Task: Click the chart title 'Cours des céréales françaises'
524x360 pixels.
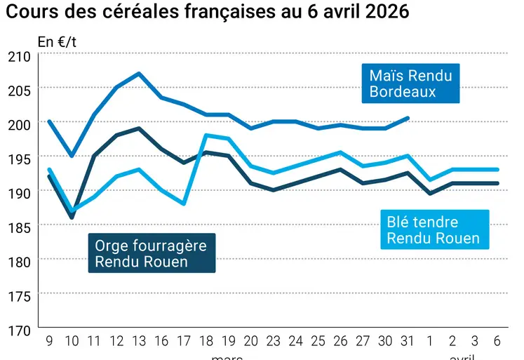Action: tap(208, 13)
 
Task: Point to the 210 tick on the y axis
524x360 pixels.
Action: tap(18, 56)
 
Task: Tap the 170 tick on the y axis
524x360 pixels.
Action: tap(18, 329)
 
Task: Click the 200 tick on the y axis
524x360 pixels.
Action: tap(18, 124)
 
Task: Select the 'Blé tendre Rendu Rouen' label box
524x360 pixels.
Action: tap(433, 230)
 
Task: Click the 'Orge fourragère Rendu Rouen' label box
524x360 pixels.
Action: tap(151, 253)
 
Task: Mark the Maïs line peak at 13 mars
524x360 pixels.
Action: tap(139, 73)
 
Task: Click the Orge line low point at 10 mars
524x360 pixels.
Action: tap(72, 218)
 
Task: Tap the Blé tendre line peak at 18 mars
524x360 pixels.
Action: tap(206, 135)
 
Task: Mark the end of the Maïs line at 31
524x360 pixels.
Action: tap(408, 118)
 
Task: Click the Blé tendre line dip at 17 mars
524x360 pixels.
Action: tap(184, 204)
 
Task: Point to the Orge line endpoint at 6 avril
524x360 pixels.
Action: tap(497, 183)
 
